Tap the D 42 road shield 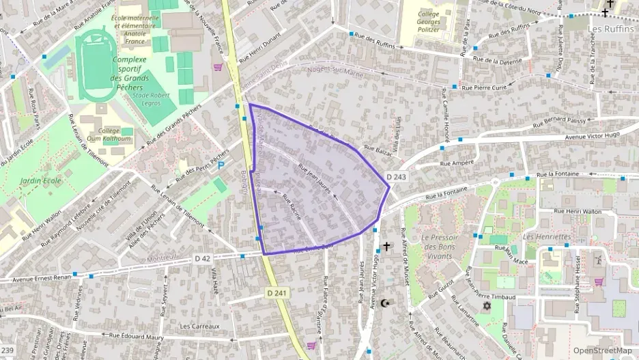(202, 258)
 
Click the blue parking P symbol (221, 165)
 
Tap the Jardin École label (40, 181)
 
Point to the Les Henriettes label (547, 236)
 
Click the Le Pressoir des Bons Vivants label (447, 247)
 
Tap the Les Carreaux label (199, 326)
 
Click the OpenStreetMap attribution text (601, 350)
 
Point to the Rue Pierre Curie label (484, 87)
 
